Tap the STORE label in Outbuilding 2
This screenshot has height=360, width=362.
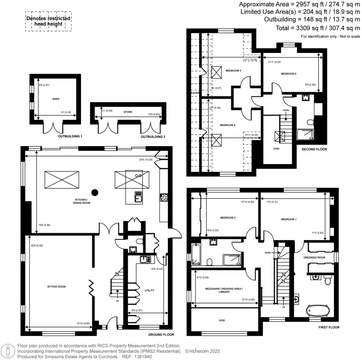(128, 112)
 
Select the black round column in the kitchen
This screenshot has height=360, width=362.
(94, 192)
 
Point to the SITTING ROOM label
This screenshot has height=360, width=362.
(57, 286)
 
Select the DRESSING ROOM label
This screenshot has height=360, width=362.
(314, 257)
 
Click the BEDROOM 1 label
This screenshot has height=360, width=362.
(289, 219)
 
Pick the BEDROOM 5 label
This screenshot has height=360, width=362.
(288, 74)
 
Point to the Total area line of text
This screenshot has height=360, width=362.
(317, 28)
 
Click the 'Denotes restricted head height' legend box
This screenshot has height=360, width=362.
(48, 21)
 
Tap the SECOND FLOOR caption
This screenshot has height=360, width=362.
(314, 150)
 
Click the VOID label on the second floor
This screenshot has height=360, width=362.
(276, 149)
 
